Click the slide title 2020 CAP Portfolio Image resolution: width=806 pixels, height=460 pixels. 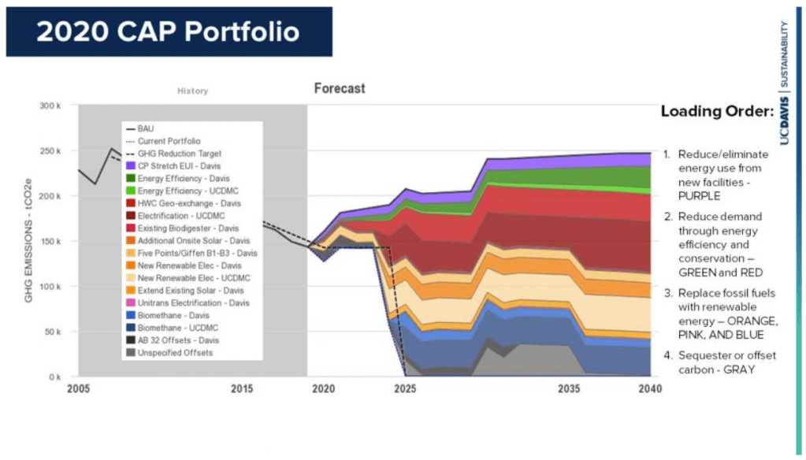click(169, 32)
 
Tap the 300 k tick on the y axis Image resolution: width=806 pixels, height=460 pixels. click(61, 106)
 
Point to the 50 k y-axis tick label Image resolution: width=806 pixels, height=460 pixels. click(64, 332)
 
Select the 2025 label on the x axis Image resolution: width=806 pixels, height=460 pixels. click(405, 389)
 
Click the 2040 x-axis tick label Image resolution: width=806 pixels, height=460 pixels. click(650, 389)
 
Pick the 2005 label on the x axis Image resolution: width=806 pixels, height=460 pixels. click(79, 389)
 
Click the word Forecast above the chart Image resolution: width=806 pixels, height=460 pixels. click(340, 88)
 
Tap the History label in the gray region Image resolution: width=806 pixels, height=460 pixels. click(192, 91)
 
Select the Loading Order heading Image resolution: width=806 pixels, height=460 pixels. click(717, 110)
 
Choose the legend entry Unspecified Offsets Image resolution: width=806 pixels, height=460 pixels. click(175, 353)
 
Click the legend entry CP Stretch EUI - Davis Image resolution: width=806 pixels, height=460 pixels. click(180, 165)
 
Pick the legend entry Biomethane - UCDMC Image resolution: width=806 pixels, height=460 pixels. click(176, 328)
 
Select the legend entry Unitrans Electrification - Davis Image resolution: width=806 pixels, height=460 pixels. click(193, 302)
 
